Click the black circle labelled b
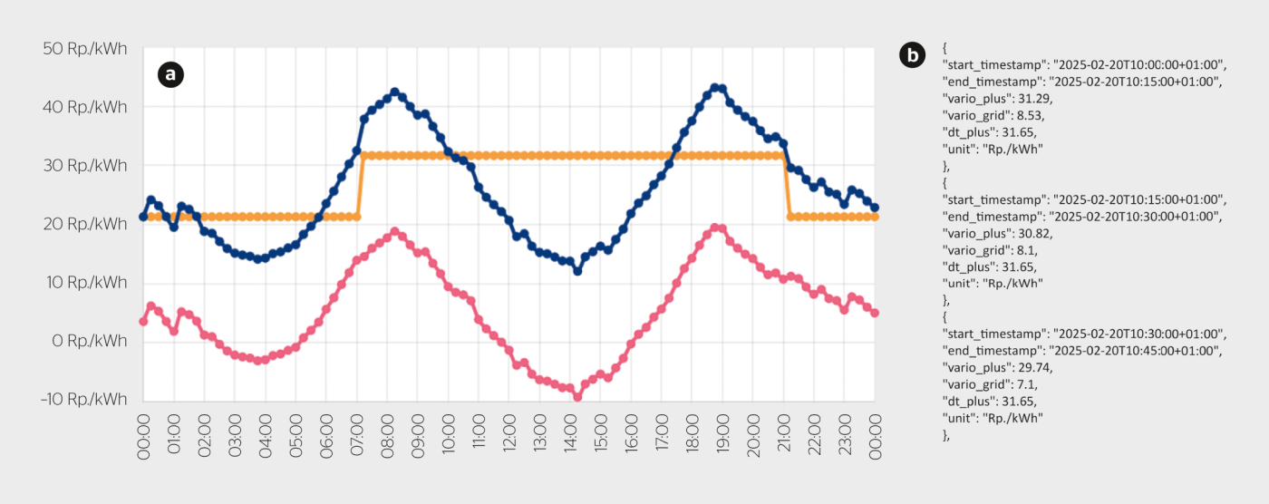[912, 55]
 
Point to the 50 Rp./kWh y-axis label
[85, 48]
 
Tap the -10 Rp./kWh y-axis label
[82, 400]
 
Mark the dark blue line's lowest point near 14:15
[577, 271]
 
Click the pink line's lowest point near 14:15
[577, 396]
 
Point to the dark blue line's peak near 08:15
[394, 92]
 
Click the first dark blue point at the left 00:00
[143, 217]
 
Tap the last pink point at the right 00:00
[875, 313]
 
